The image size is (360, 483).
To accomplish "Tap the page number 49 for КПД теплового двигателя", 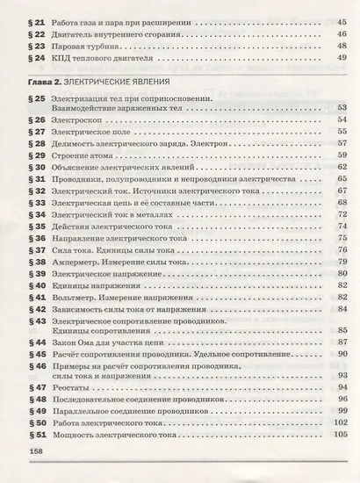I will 342,58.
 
